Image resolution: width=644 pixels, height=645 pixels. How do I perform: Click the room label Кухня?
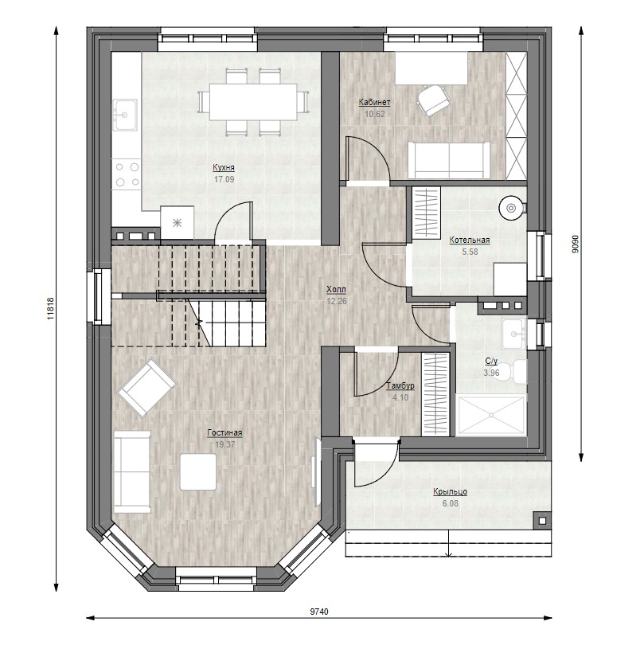[224, 167]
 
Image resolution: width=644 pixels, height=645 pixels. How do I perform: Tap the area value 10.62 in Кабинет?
[375, 114]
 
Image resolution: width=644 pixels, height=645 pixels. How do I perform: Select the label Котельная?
[470, 240]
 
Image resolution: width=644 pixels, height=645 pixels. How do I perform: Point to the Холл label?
[336, 289]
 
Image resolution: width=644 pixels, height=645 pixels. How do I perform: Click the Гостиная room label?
[224, 432]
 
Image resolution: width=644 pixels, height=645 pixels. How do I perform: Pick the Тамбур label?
[400, 386]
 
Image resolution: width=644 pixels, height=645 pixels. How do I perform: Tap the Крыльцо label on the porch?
[451, 491]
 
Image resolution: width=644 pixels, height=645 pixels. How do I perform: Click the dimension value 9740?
[319, 612]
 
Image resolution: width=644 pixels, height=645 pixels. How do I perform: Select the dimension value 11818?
[50, 308]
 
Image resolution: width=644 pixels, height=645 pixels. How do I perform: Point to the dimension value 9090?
[575, 244]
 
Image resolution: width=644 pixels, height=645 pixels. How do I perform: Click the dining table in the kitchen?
[253, 102]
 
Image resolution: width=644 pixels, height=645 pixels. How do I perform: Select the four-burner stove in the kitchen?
[127, 174]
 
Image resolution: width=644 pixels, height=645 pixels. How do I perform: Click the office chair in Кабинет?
[432, 99]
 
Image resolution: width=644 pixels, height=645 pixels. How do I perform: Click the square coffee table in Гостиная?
[198, 472]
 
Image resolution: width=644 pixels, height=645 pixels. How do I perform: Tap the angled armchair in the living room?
[146, 388]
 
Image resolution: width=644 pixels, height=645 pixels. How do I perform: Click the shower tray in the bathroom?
[491, 415]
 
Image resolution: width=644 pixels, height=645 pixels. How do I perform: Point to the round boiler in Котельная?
[511, 209]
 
